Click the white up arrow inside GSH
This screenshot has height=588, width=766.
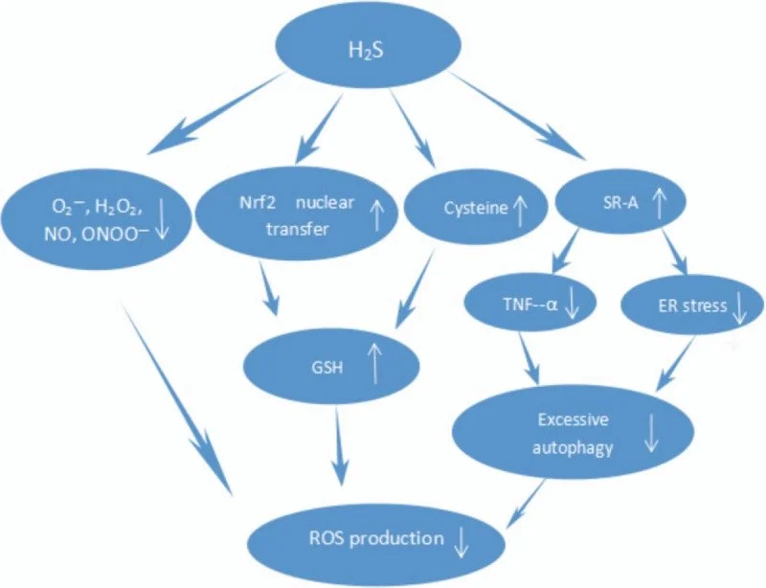click(x=374, y=363)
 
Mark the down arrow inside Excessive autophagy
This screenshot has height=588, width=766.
click(x=651, y=434)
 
